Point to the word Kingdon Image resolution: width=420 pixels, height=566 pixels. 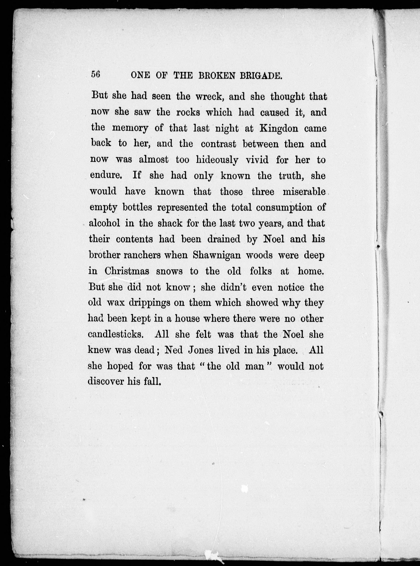[x=279, y=128]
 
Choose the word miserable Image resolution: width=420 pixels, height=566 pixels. [x=304, y=192]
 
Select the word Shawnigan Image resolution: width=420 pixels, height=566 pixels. [x=217, y=255]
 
